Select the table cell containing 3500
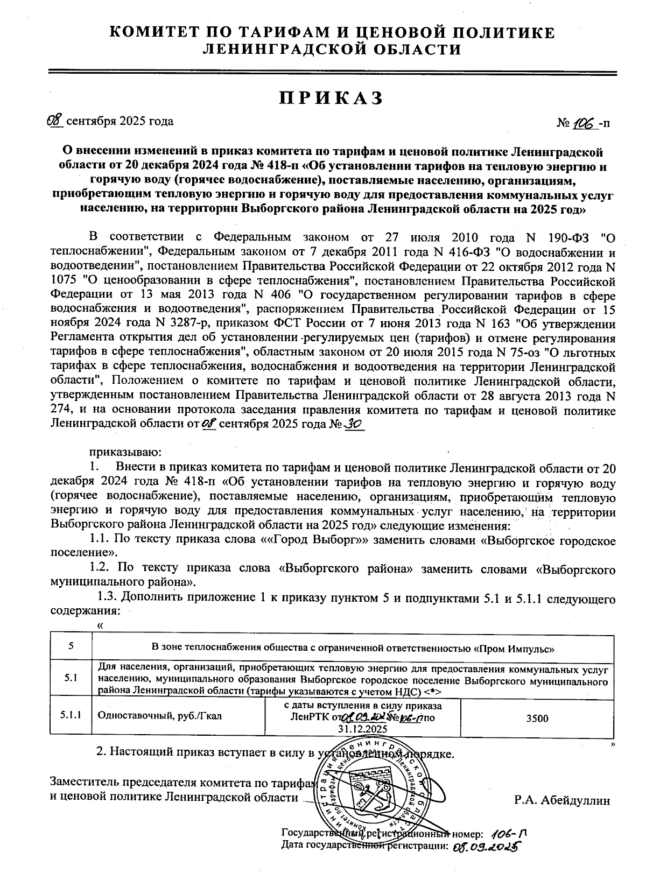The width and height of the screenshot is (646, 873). click(x=537, y=718)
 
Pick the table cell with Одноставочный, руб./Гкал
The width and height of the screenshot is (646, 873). click(x=159, y=716)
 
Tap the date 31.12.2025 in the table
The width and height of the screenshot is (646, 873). click(x=362, y=729)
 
